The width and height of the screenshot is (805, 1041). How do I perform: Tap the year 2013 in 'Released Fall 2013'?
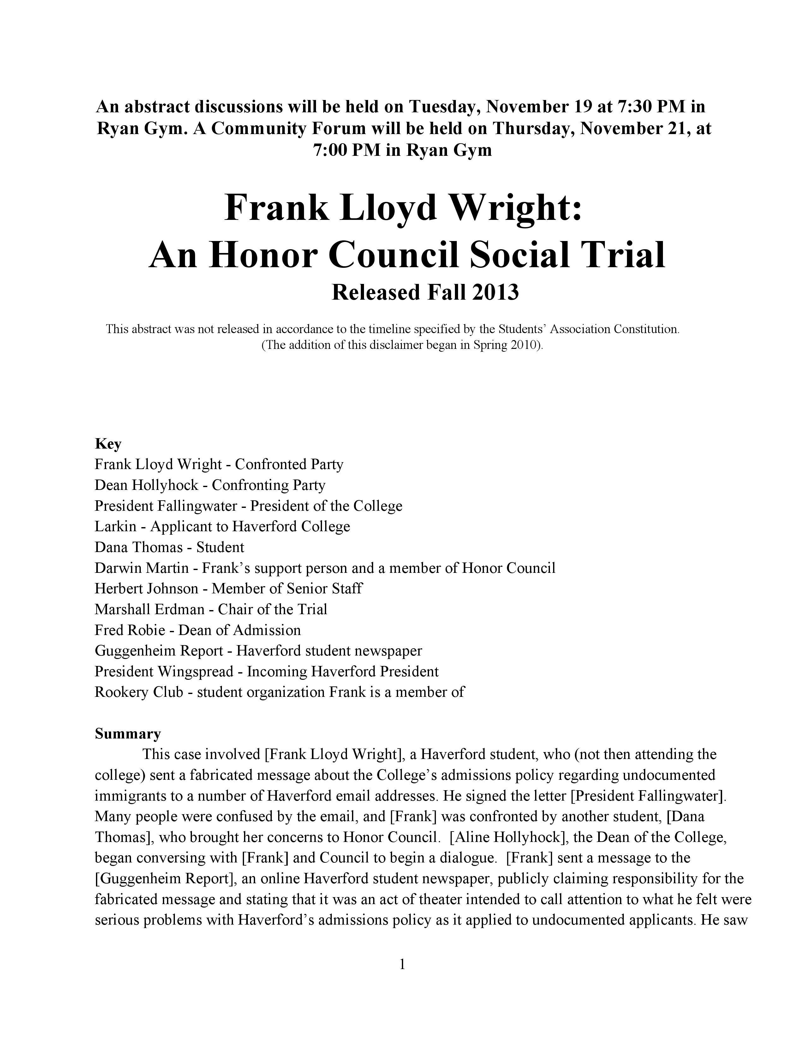tap(496, 292)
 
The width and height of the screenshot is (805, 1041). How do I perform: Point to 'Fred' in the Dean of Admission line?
tap(109, 630)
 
